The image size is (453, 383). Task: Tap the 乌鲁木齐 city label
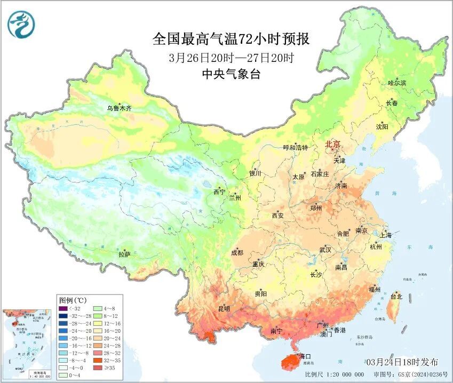(x=118, y=108)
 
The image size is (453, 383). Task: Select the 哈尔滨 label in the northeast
(x=396, y=83)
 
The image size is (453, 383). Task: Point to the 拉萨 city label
(x=124, y=255)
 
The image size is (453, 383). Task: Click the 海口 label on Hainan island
(x=305, y=356)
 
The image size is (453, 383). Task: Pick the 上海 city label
(x=385, y=235)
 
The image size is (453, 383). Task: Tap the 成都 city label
(x=237, y=253)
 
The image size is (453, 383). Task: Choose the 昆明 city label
(x=224, y=309)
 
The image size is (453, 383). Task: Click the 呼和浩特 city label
(x=295, y=148)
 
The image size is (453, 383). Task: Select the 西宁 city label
(x=219, y=192)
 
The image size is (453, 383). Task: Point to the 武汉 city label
(x=325, y=250)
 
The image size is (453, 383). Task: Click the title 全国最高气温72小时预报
(x=231, y=39)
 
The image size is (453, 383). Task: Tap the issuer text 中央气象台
(x=231, y=75)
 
